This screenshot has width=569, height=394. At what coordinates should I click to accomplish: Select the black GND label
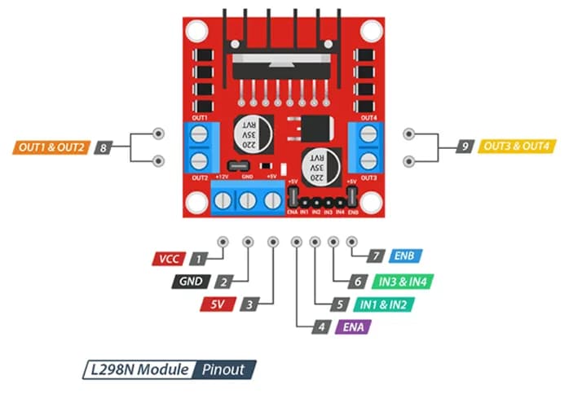(x=191, y=282)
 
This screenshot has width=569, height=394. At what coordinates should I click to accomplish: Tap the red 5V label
(x=218, y=304)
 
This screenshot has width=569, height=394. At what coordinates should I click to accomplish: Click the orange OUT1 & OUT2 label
(x=50, y=148)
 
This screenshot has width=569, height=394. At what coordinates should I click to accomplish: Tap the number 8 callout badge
(x=103, y=148)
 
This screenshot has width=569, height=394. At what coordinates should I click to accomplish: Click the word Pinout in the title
(x=224, y=370)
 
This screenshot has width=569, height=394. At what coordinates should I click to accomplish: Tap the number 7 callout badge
(x=376, y=256)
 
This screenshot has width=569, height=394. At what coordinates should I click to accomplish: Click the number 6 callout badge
(x=356, y=282)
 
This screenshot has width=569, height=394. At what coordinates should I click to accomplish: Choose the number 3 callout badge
(x=251, y=304)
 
